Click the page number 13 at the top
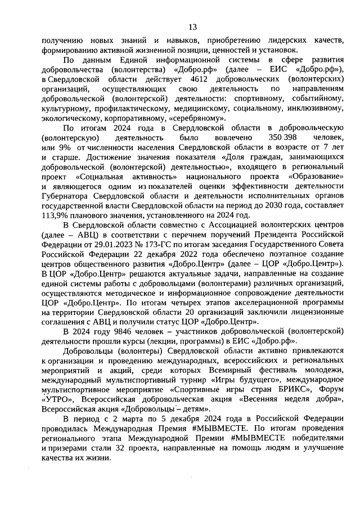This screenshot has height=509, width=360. pos(192,27)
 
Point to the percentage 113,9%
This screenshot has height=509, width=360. pos(55,216)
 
